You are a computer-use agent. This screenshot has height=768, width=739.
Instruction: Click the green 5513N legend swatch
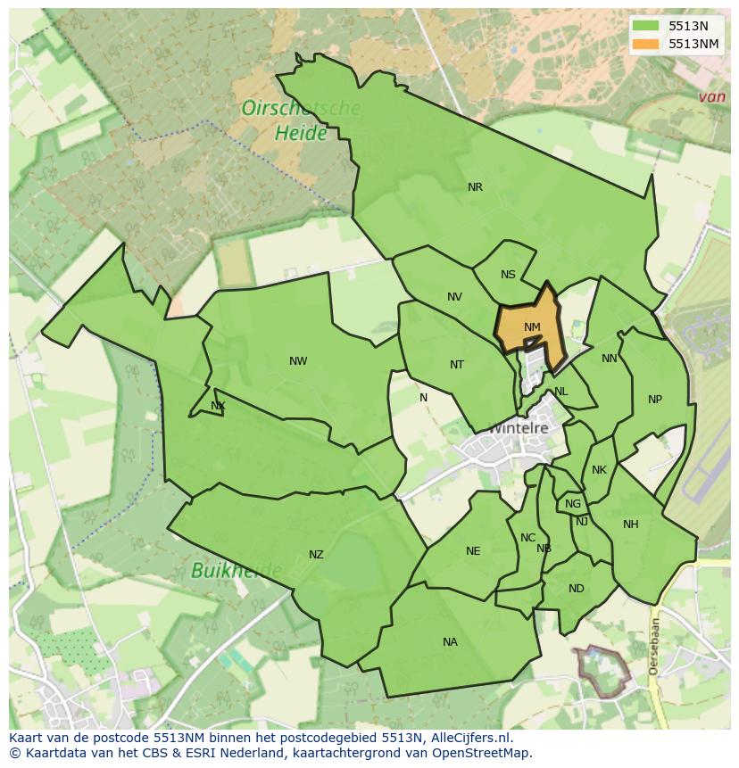[x=645, y=26]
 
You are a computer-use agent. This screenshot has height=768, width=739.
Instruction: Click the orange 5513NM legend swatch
[x=645, y=44]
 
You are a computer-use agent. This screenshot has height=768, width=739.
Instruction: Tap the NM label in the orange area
[x=532, y=327]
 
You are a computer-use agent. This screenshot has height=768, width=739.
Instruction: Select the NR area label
[x=475, y=187]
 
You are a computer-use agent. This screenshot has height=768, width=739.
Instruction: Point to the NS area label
[x=508, y=275]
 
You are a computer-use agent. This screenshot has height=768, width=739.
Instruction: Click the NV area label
[x=454, y=297]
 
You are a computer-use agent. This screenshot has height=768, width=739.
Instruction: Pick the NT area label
[x=457, y=364]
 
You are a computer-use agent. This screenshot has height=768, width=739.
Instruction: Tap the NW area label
[x=298, y=361]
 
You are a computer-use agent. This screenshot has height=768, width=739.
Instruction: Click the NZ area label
[x=316, y=555]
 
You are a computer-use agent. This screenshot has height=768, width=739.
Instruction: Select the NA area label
[x=450, y=642]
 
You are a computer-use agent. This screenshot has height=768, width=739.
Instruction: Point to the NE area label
[x=473, y=551]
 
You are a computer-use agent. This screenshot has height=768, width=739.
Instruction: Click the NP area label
[x=655, y=400]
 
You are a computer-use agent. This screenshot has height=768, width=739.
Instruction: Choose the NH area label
[x=631, y=524]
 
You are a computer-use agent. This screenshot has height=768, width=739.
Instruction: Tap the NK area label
[x=599, y=470]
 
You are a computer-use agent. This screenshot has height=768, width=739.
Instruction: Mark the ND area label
[x=576, y=589]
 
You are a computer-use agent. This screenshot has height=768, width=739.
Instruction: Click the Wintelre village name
[x=517, y=429]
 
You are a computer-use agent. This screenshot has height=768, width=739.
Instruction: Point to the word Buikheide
[x=236, y=570]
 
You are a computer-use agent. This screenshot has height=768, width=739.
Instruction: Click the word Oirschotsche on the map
[x=301, y=109]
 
